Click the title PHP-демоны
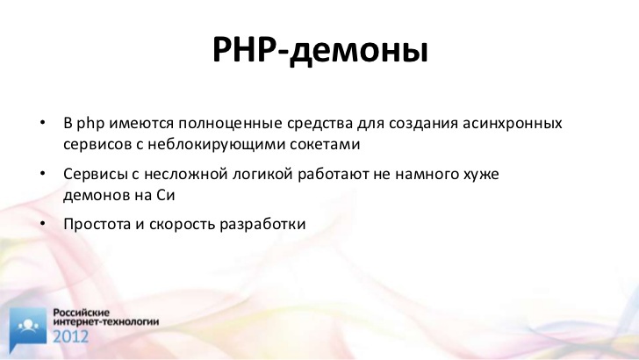click(x=319, y=50)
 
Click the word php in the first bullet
click(x=90, y=123)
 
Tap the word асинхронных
click(x=513, y=124)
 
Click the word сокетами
click(x=325, y=145)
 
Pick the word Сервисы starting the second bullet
click(x=96, y=174)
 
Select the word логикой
click(x=262, y=174)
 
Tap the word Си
click(x=165, y=195)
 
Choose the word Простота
click(x=97, y=224)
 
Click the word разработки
click(x=262, y=224)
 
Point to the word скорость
click(x=182, y=225)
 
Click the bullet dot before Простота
click(x=43, y=223)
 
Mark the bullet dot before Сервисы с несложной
click(x=43, y=173)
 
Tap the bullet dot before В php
click(x=43, y=122)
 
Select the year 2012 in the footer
click(x=70, y=337)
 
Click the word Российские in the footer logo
click(x=82, y=313)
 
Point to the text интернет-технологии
click(x=106, y=321)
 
